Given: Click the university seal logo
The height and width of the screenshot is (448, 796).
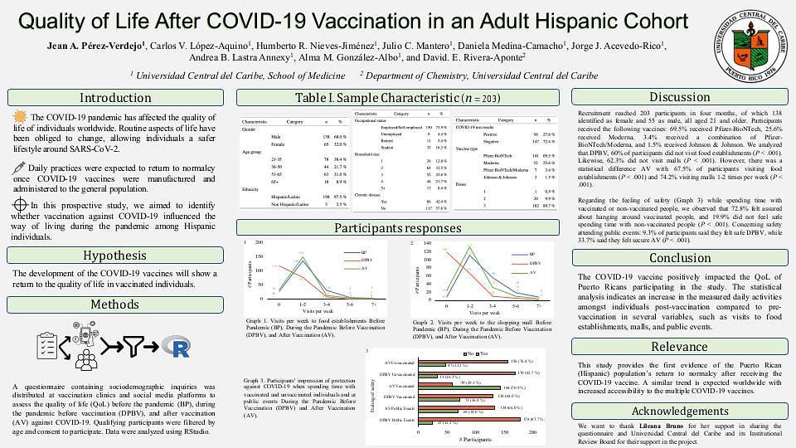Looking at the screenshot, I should click(749, 45).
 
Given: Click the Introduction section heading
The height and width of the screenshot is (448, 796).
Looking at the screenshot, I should click(115, 98).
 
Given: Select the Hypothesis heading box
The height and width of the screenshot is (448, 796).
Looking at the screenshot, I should click(115, 256).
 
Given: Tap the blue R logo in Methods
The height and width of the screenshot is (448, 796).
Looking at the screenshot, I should click(175, 346).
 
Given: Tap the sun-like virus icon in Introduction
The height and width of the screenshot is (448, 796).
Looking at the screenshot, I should click(21, 118).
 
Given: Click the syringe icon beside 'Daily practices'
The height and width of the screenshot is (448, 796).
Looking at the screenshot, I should click(19, 167).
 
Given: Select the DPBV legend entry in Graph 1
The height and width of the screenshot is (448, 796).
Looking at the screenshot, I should click(370, 259).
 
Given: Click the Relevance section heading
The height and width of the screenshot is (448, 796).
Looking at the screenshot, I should click(679, 346).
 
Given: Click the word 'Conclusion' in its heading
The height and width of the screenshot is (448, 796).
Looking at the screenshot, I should click(679, 257).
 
